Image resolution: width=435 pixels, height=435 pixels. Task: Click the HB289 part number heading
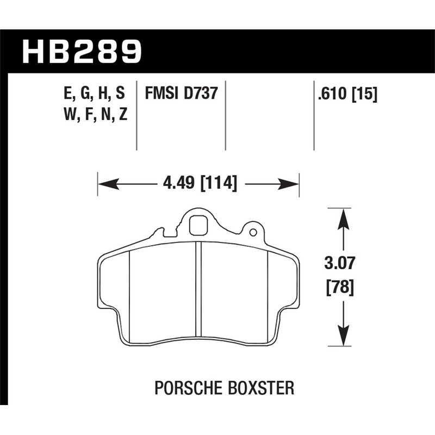click(x=82, y=51)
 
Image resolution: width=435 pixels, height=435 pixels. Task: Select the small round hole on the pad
click(x=253, y=232)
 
